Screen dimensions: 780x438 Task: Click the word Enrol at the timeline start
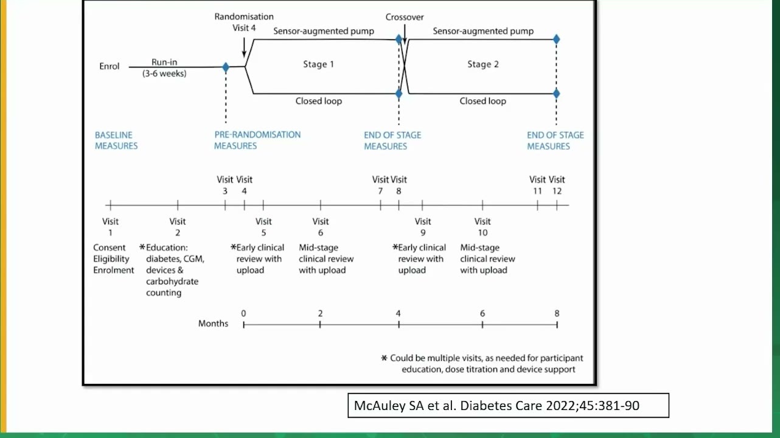[110, 66]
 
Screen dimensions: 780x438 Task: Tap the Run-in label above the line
[164, 62]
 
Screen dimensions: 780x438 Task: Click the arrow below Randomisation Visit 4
[244, 47]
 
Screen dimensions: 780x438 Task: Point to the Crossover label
[405, 17]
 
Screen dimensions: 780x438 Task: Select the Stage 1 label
[318, 64]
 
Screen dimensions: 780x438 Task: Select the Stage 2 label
[483, 64]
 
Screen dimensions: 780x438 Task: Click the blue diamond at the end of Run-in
[226, 67]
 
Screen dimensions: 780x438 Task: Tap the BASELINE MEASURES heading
[116, 141]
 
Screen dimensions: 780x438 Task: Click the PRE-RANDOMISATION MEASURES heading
[257, 140]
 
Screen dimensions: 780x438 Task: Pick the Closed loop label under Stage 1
[319, 101]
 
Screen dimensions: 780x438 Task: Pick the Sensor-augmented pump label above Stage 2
[483, 31]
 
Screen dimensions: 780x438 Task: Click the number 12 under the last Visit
[557, 191]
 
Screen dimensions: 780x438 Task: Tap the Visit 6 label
[321, 227]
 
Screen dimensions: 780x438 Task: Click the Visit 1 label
[110, 227]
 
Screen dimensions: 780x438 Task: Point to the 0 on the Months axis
[243, 313]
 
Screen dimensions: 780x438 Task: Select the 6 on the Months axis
[482, 313]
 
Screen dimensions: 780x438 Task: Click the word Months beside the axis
[213, 324]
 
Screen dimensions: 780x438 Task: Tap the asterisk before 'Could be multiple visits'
[384, 358]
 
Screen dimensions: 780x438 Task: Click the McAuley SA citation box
[509, 405]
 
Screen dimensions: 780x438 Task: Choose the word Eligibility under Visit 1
[111, 259]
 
